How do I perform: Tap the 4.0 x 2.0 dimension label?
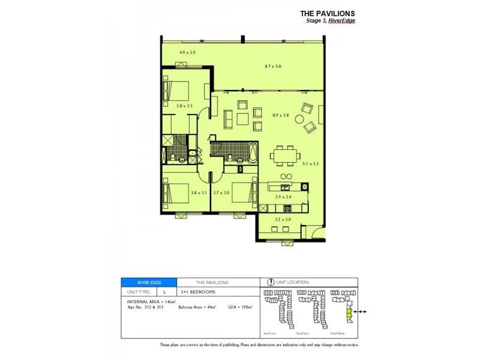pyautogui.click(x=188, y=53)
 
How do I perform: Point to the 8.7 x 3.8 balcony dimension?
pyautogui.click(x=273, y=66)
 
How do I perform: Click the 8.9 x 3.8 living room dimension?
pyautogui.click(x=281, y=115)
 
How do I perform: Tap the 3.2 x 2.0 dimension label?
pyautogui.click(x=282, y=220)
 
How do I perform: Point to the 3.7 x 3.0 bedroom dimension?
pyautogui.click(x=221, y=193)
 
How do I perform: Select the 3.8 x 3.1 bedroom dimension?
pyautogui.click(x=199, y=193)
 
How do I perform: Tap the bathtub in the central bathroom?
pyautogui.click(x=251, y=152)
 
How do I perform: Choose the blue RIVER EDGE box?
pyautogui.click(x=149, y=282)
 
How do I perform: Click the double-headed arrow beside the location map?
pyautogui.click(x=360, y=312)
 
